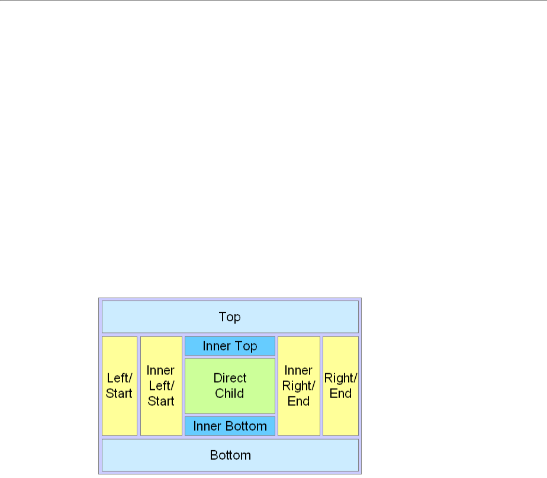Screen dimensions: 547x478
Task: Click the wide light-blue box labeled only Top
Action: (230, 316)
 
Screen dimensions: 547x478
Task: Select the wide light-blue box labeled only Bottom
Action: (230, 455)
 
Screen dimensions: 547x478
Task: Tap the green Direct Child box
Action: (230, 386)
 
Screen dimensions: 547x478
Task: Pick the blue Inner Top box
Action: (230, 346)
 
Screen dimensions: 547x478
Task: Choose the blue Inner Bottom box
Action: (230, 426)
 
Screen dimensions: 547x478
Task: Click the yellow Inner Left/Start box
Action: (161, 386)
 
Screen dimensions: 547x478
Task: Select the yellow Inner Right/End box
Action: (298, 386)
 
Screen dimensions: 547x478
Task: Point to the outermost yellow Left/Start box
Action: (119, 386)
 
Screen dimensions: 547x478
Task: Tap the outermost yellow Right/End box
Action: (340, 386)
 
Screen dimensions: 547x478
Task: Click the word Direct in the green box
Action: (230, 378)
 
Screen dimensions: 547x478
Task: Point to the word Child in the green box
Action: (230, 393)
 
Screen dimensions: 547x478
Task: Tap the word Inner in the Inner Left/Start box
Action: (161, 370)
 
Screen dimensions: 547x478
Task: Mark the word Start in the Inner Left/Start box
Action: (161, 401)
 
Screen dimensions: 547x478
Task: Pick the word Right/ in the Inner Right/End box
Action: (298, 386)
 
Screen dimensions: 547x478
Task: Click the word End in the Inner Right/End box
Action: (298, 401)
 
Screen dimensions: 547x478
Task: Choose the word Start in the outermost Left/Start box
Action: (119, 393)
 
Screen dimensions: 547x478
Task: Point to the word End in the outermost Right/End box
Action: (340, 393)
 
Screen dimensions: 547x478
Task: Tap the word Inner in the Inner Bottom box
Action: (207, 426)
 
